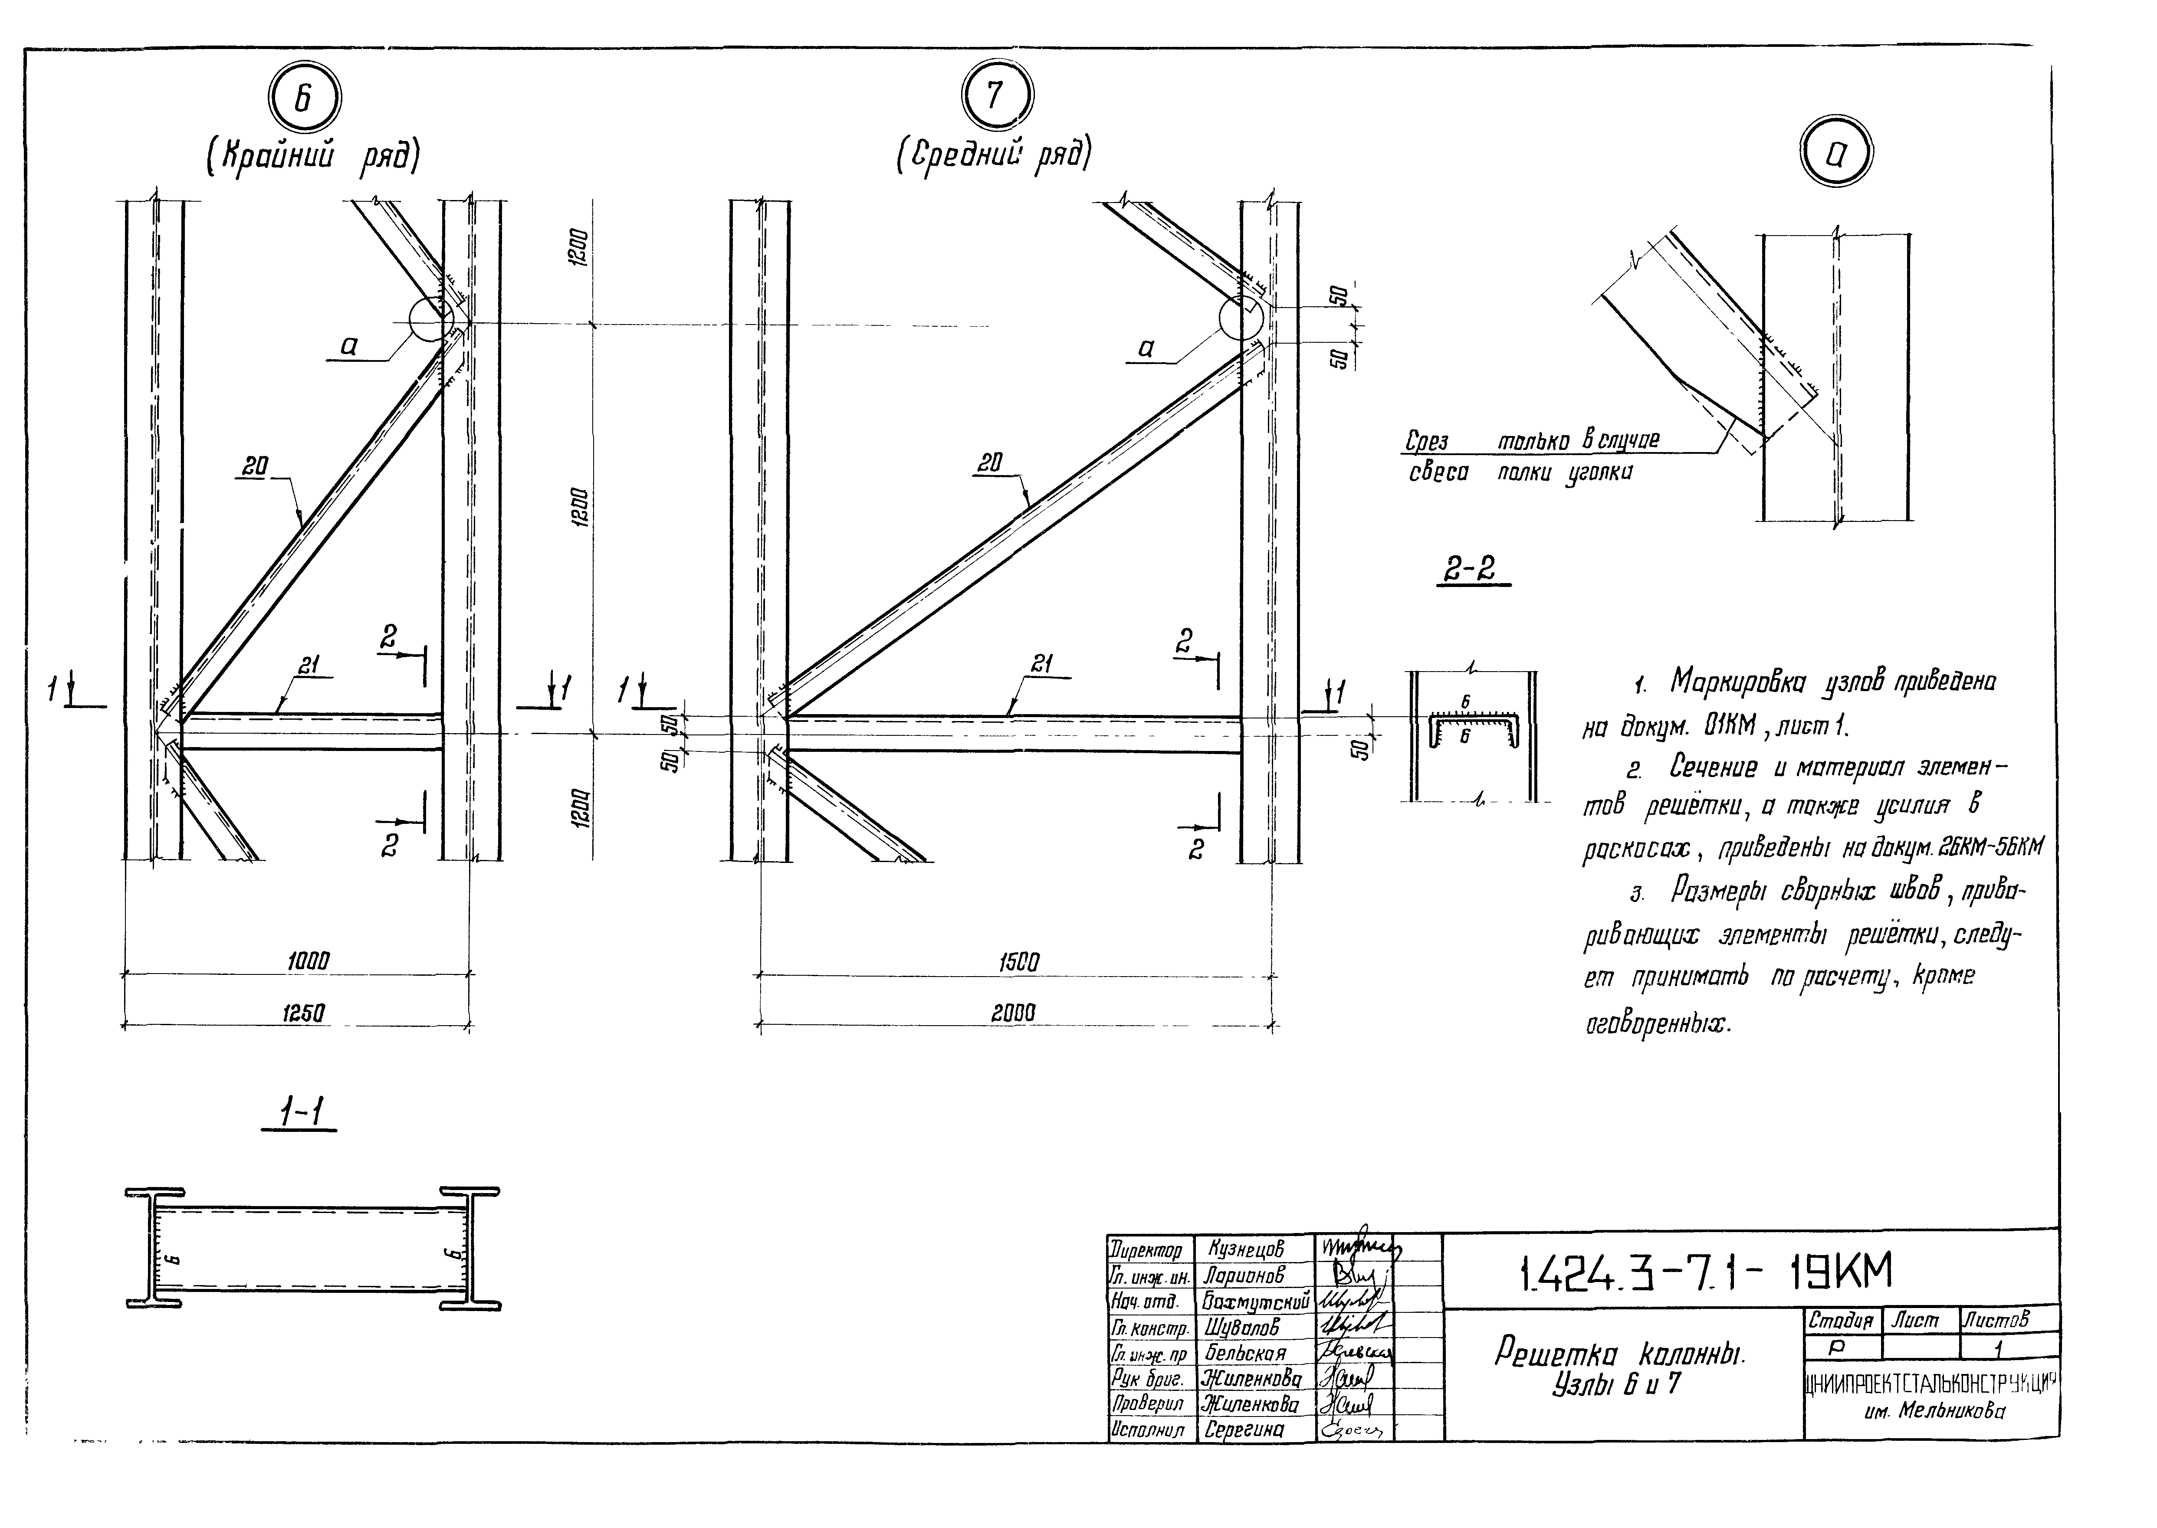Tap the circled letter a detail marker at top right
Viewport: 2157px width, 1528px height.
click(x=1835, y=156)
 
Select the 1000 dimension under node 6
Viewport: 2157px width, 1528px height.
click(x=309, y=961)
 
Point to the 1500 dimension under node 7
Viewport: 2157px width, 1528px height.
click(x=1018, y=963)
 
